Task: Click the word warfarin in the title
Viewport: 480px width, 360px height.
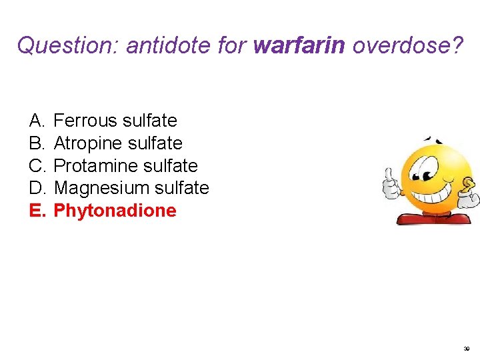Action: [x=299, y=45]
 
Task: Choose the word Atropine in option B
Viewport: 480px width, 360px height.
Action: [x=88, y=143]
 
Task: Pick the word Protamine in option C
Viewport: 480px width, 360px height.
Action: [x=93, y=166]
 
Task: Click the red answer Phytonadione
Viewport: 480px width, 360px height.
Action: [x=115, y=211]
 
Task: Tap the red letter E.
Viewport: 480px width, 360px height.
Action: [x=36, y=211]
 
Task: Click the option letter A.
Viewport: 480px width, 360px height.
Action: [x=36, y=121]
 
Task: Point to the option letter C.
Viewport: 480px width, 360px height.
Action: [x=36, y=166]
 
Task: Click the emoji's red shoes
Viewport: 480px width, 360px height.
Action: [x=433, y=218]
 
